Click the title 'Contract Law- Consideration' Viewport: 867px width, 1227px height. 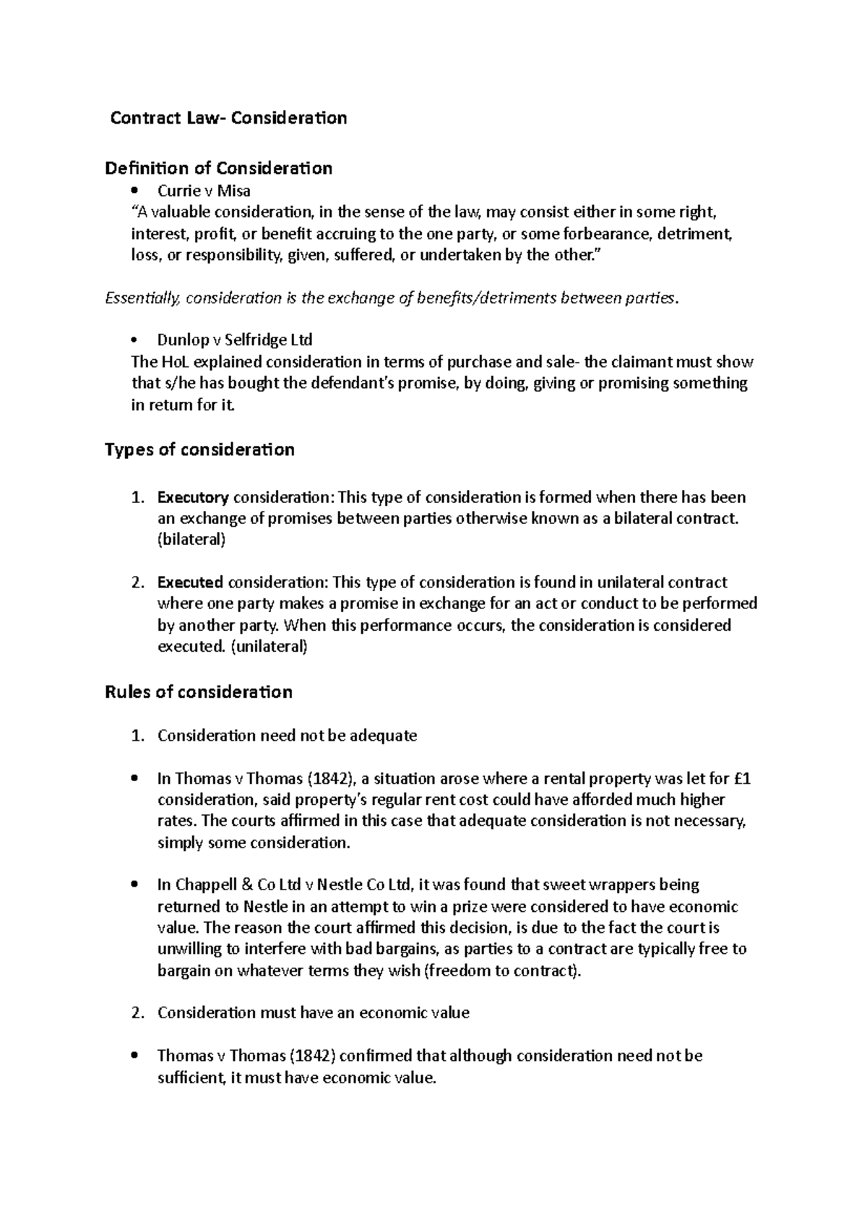point(228,118)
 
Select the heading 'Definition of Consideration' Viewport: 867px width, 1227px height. point(218,168)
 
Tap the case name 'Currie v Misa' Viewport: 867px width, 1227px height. point(204,191)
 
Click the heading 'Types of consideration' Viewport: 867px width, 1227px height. point(199,449)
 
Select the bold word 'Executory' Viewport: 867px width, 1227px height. point(193,497)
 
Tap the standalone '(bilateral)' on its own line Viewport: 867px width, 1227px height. point(191,540)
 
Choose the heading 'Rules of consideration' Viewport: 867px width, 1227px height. point(199,692)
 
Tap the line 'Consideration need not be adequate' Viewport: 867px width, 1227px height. point(287,736)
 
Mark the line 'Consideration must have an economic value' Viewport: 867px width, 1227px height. point(313,1012)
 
